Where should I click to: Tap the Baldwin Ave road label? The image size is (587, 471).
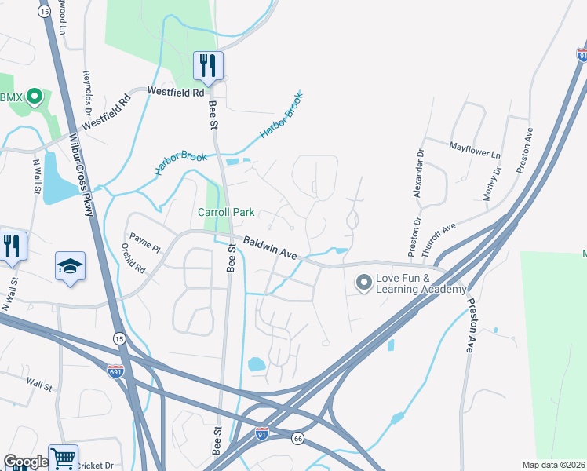click(x=269, y=248)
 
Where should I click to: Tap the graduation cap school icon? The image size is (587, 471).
click(x=69, y=266)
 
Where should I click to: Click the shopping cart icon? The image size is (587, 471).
click(x=63, y=458)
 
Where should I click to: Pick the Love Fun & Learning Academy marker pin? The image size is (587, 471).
click(x=363, y=283)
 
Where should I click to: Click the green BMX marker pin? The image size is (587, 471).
click(x=34, y=97)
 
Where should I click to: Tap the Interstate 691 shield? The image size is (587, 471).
click(x=115, y=371)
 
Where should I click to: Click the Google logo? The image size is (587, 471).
click(x=25, y=462)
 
